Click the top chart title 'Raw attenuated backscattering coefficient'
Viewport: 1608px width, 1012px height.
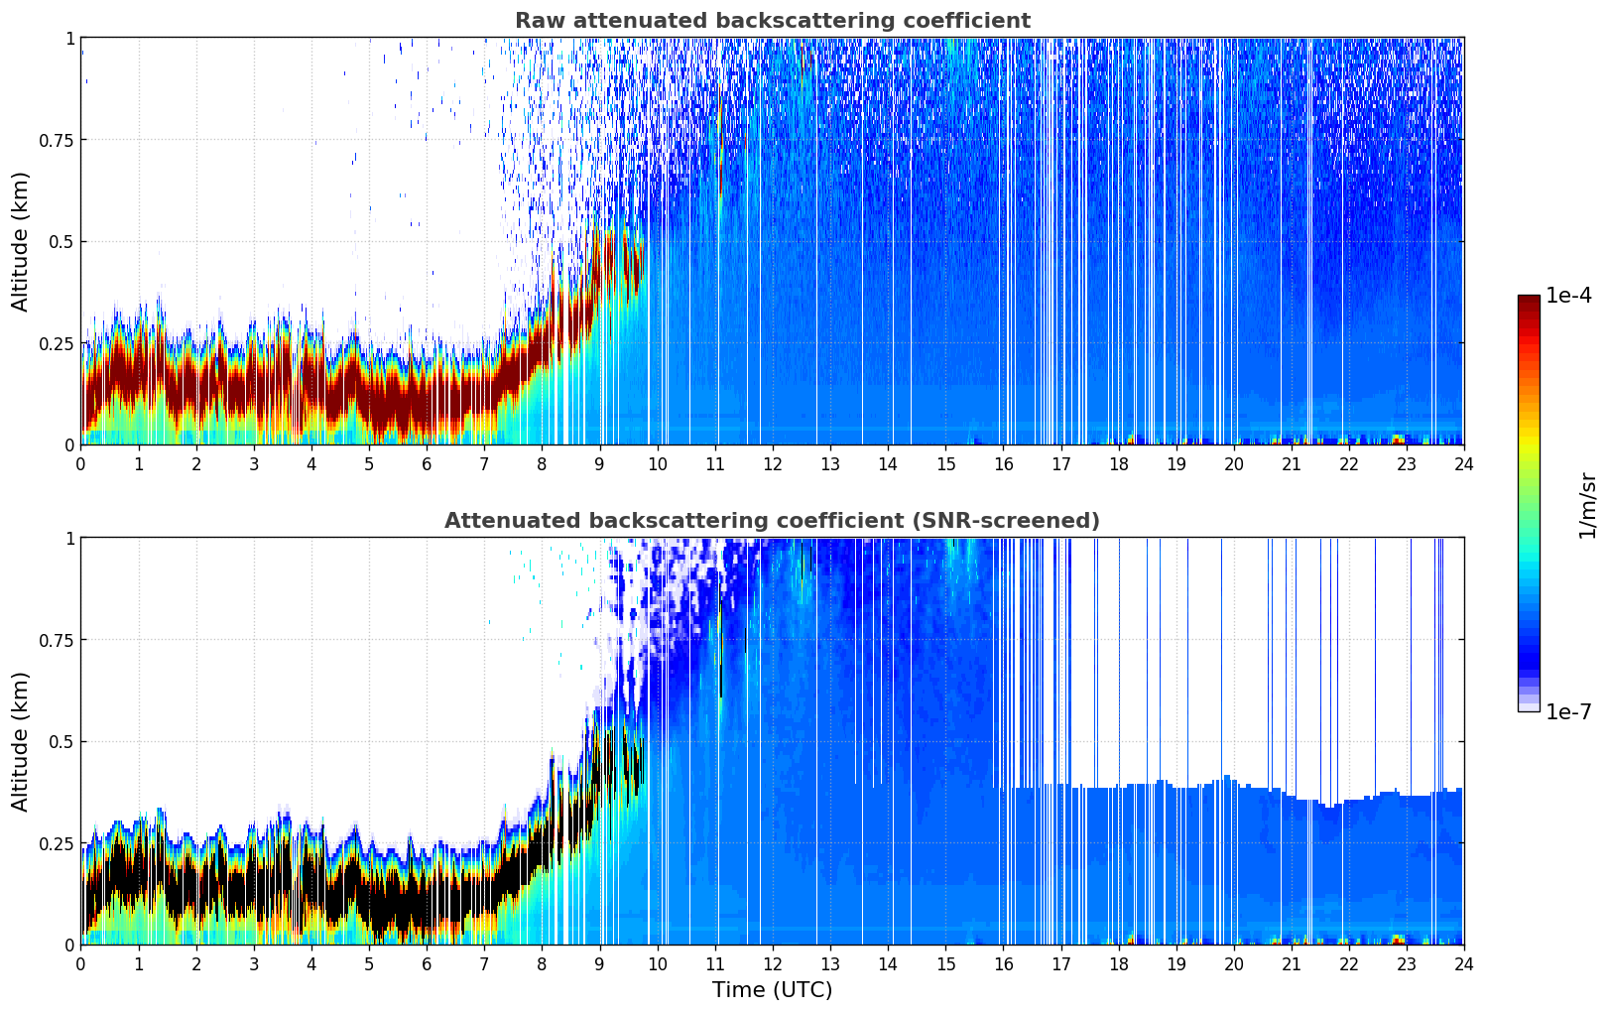(772, 21)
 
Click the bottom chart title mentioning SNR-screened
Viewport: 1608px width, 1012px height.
(772, 521)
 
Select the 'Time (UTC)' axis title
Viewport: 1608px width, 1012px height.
(772, 990)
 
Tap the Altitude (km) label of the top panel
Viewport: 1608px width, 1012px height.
(21, 241)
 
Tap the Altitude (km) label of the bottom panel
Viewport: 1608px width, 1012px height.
(21, 741)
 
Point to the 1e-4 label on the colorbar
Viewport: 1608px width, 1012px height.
(1568, 296)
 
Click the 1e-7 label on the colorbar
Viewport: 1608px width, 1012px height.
(1568, 712)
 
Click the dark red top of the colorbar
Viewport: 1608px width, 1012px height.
(1529, 301)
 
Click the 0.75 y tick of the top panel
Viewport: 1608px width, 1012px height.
(57, 140)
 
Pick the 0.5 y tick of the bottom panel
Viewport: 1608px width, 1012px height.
(62, 742)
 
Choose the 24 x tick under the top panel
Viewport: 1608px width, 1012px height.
(1463, 464)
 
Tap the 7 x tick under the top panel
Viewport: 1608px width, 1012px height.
(484, 464)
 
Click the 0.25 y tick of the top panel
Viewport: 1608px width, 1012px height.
(57, 343)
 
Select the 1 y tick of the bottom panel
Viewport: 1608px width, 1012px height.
(69, 539)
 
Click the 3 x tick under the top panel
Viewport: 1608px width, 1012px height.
(254, 464)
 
